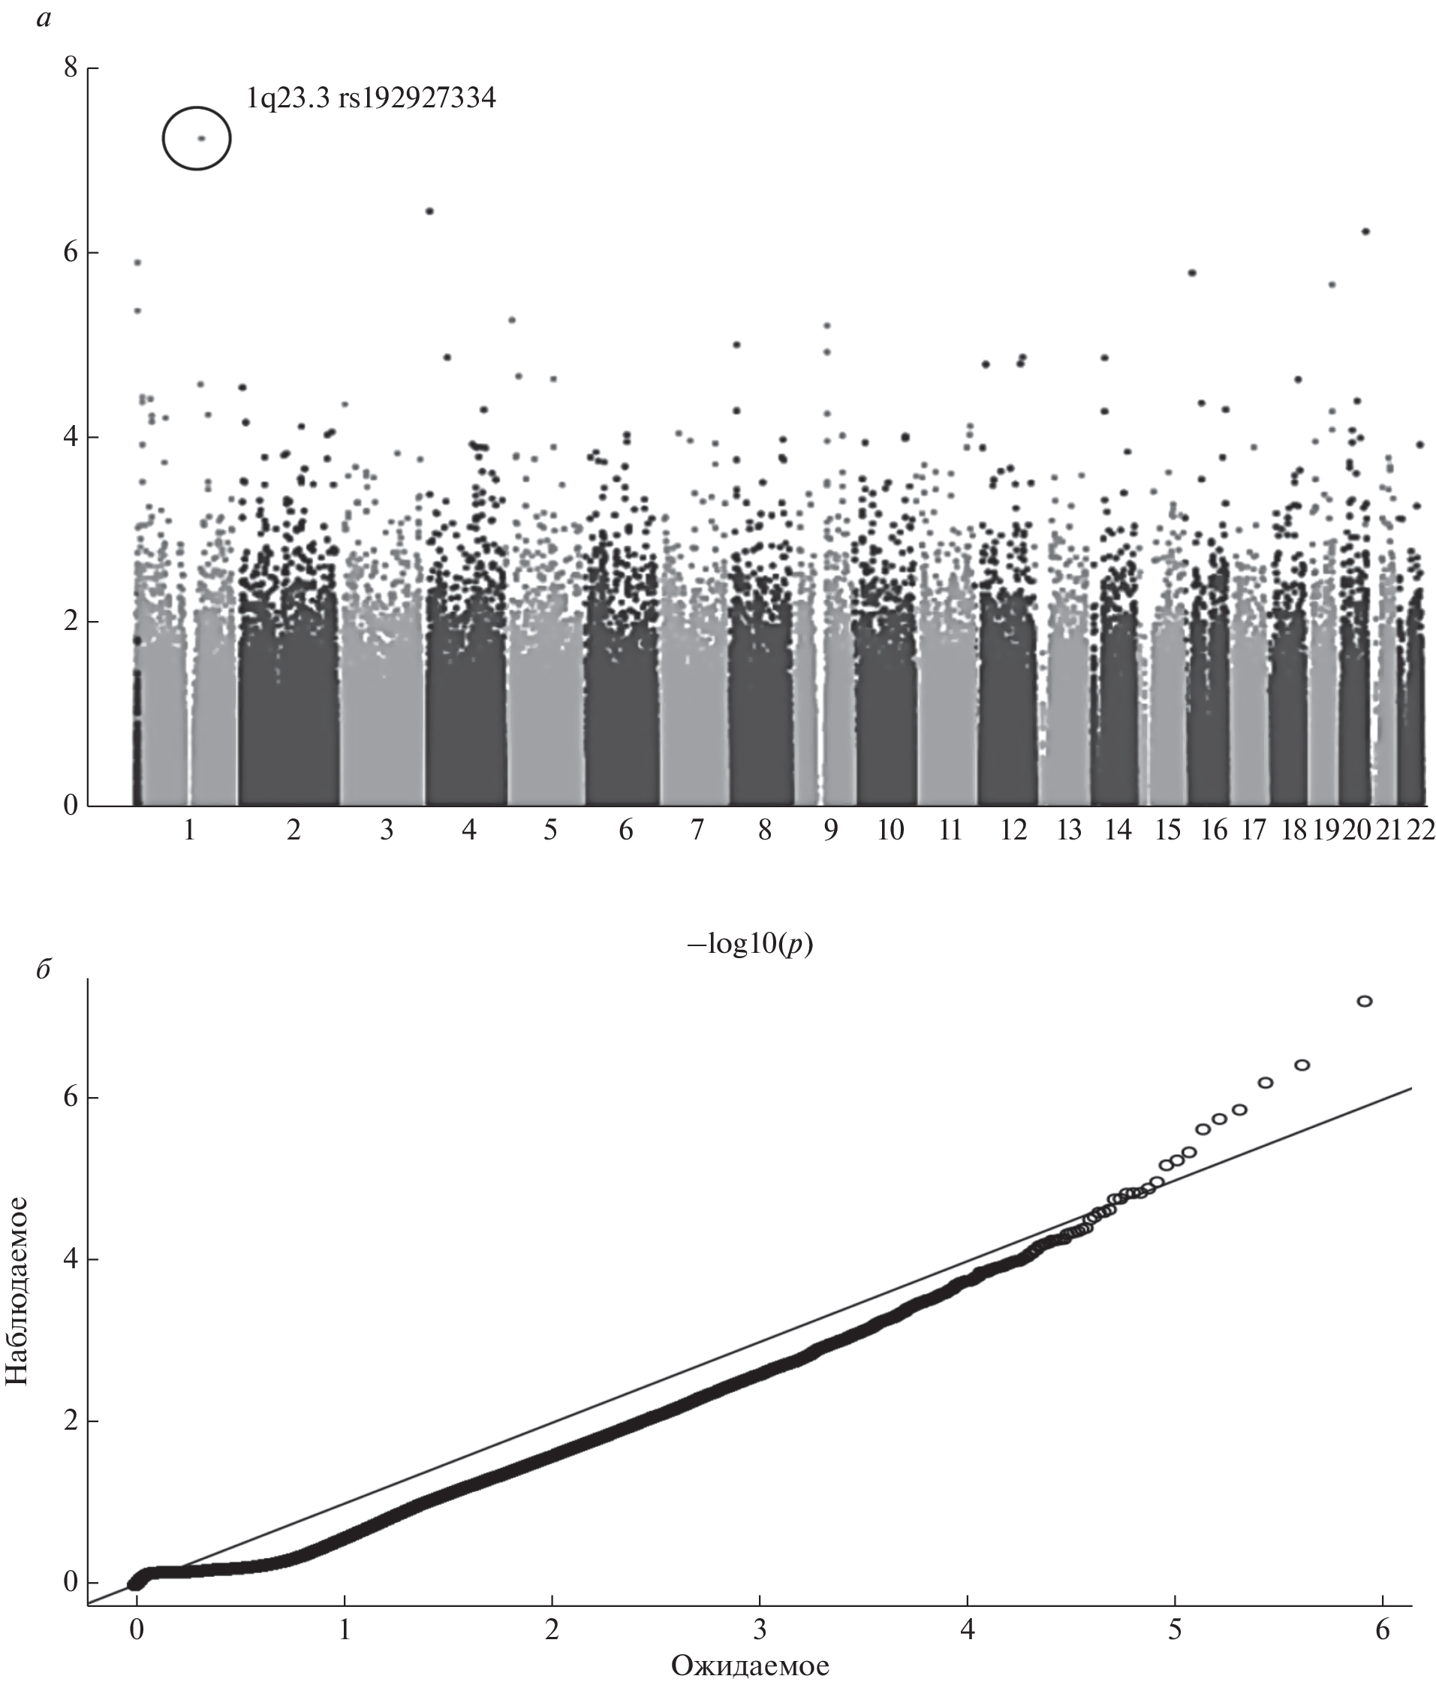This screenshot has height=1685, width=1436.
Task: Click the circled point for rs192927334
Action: pyautogui.click(x=202, y=138)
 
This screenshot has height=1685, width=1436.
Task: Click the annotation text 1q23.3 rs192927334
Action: pyautogui.click(x=372, y=98)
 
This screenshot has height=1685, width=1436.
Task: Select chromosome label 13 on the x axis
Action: pyautogui.click(x=1069, y=830)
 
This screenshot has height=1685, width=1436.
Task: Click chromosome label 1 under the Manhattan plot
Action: pyautogui.click(x=189, y=830)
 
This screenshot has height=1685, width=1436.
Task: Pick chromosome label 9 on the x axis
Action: pyautogui.click(x=830, y=830)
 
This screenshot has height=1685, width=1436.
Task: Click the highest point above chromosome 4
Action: pyautogui.click(x=430, y=212)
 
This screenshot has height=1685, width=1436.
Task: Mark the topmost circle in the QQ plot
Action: pyautogui.click(x=1365, y=1001)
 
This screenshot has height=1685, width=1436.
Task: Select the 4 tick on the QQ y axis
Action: pyautogui.click(x=71, y=1260)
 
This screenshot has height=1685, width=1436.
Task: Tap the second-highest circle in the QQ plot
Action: pyautogui.click(x=1302, y=1066)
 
